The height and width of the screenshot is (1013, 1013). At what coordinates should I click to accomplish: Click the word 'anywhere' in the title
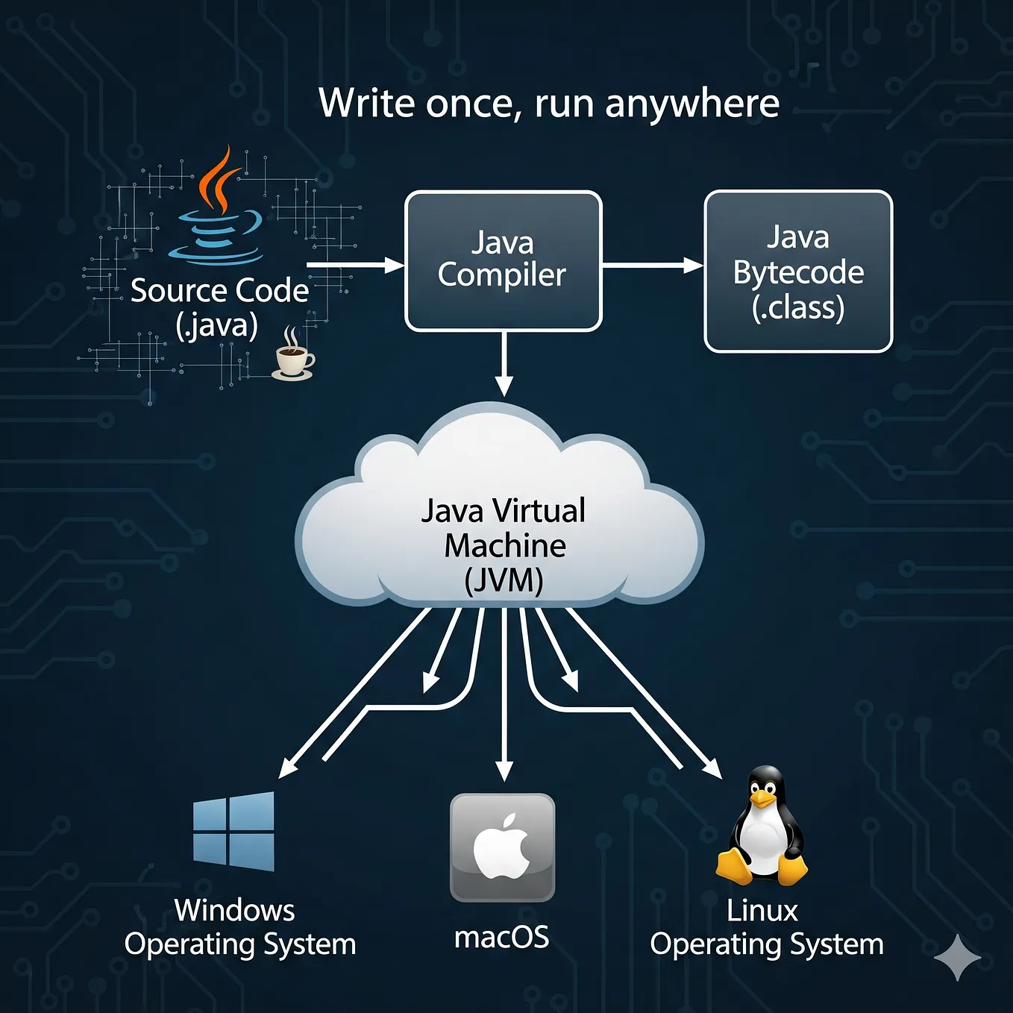click(692, 104)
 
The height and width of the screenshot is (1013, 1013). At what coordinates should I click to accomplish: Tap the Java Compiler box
click(503, 260)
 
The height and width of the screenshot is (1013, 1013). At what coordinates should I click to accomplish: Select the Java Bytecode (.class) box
click(798, 272)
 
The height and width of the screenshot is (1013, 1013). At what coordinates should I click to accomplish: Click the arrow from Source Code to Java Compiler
click(354, 265)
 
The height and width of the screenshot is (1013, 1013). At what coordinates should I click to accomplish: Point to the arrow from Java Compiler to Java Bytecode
click(652, 265)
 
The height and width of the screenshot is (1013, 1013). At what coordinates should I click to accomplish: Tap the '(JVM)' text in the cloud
click(504, 580)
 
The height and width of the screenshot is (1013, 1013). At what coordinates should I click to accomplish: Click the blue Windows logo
click(233, 831)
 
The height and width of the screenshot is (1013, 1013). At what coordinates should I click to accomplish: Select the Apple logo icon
click(502, 847)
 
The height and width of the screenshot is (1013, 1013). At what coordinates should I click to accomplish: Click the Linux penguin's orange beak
click(762, 799)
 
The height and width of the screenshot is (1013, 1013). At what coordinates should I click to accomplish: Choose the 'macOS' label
click(502, 938)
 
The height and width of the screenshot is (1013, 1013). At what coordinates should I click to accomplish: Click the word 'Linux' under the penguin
click(762, 911)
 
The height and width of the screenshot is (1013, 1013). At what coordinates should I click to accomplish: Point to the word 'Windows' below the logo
click(234, 911)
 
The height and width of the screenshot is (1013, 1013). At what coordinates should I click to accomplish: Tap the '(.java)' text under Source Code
click(217, 325)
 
